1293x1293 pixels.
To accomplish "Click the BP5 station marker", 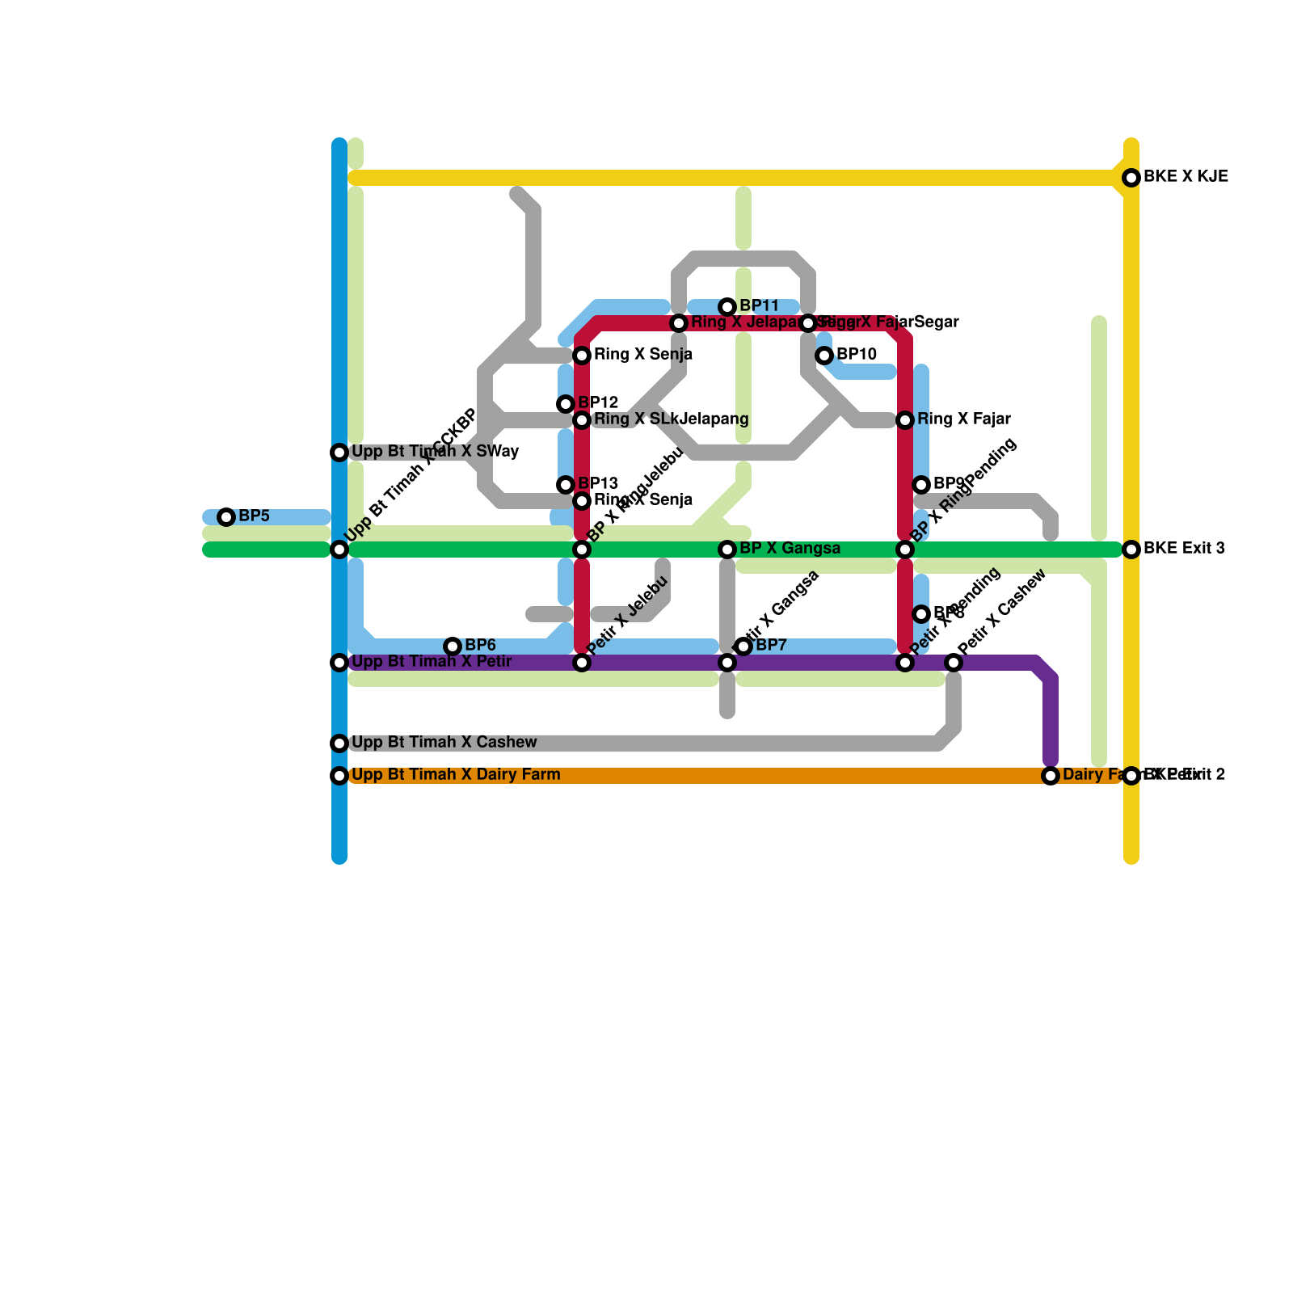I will click(x=226, y=517).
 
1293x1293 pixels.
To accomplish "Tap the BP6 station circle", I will click(x=453, y=646).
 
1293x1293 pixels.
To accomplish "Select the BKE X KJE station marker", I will click(x=1131, y=178).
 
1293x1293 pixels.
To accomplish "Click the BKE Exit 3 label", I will click(x=1184, y=549).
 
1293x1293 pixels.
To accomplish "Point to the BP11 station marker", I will click(x=727, y=307).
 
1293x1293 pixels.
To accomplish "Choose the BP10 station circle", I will click(x=824, y=356).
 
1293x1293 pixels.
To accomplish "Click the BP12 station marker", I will click(x=566, y=404).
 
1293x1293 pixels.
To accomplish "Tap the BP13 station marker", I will click(x=566, y=485).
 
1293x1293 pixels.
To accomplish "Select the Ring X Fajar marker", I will click(x=905, y=420).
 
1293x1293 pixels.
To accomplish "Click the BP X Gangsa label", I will click(x=790, y=549).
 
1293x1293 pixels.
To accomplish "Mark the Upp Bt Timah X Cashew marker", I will click(x=339, y=743).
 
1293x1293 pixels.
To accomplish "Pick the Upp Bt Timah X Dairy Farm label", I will click(x=456, y=775).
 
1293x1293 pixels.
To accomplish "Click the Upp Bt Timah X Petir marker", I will click(x=339, y=663).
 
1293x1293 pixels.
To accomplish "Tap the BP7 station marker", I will click(x=743, y=646).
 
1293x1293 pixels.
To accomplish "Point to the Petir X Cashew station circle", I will click(x=954, y=663).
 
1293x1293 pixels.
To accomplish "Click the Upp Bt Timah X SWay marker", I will click(x=339, y=453).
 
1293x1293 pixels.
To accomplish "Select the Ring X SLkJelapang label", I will click(x=671, y=419).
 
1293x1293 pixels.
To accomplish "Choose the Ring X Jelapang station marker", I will click(x=679, y=323).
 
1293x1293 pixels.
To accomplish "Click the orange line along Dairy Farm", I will click(x=695, y=776).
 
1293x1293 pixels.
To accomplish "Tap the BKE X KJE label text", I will click(x=1186, y=177).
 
